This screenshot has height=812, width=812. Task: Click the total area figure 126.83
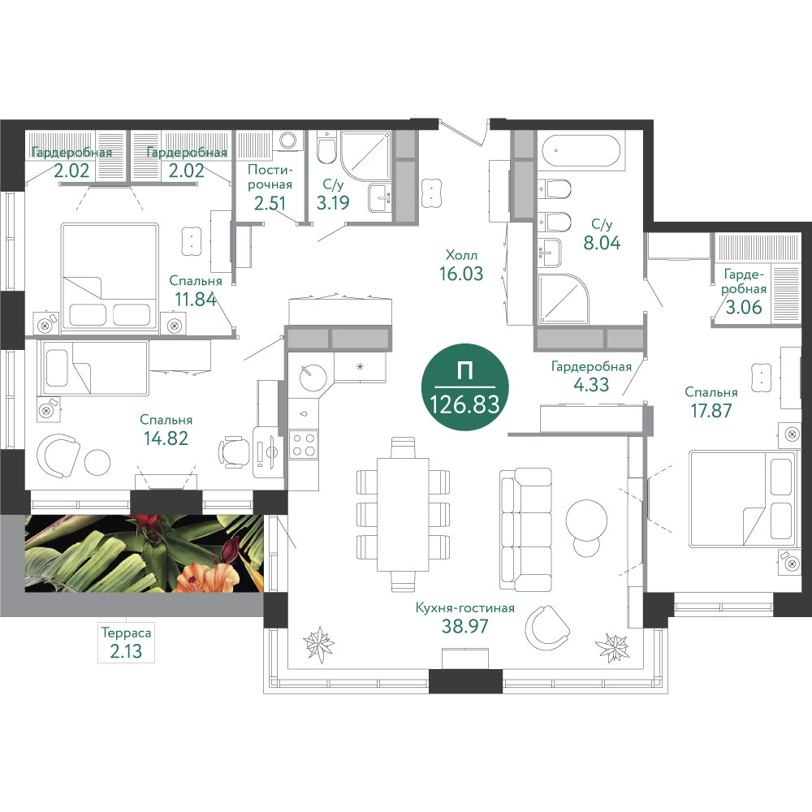[464, 404]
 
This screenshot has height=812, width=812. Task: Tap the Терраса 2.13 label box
[127, 642]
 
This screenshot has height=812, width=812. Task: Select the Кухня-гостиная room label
[464, 608]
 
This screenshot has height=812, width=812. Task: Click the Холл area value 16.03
[461, 274]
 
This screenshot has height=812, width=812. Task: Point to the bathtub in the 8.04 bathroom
[581, 151]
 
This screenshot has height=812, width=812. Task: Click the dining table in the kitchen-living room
[403, 514]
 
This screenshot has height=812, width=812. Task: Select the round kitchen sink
[313, 376]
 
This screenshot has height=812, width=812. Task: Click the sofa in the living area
[525, 529]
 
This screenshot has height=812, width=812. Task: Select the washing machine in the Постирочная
[287, 140]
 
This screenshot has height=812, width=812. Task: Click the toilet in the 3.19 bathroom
[326, 148]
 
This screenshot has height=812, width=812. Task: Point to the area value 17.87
[711, 411]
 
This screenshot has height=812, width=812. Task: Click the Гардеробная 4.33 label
[591, 375]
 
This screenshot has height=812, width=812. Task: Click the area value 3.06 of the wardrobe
[744, 307]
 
